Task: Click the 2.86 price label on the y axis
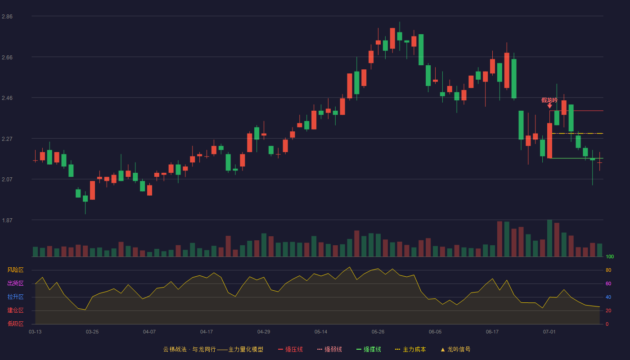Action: pos(7,17)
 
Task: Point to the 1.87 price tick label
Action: pos(7,220)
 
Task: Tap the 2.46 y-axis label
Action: pos(7,98)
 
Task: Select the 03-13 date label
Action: pos(35,332)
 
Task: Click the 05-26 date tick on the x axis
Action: pos(378,332)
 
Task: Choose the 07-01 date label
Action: pos(549,332)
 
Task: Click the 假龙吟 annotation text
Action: pos(549,100)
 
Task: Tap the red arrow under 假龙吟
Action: pos(549,106)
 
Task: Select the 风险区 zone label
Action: pos(15,270)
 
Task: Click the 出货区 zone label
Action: pos(15,283)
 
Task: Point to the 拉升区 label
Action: pos(15,297)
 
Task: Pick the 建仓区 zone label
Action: pos(15,310)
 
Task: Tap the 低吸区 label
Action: pos(15,324)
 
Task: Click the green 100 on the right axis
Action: pos(610,257)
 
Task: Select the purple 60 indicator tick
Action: pos(608,284)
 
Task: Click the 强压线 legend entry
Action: pos(290,349)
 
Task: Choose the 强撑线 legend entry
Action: pos(369,349)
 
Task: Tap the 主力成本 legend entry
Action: pos(410,349)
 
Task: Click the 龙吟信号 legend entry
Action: pos(455,349)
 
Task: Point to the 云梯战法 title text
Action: pos(175,349)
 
